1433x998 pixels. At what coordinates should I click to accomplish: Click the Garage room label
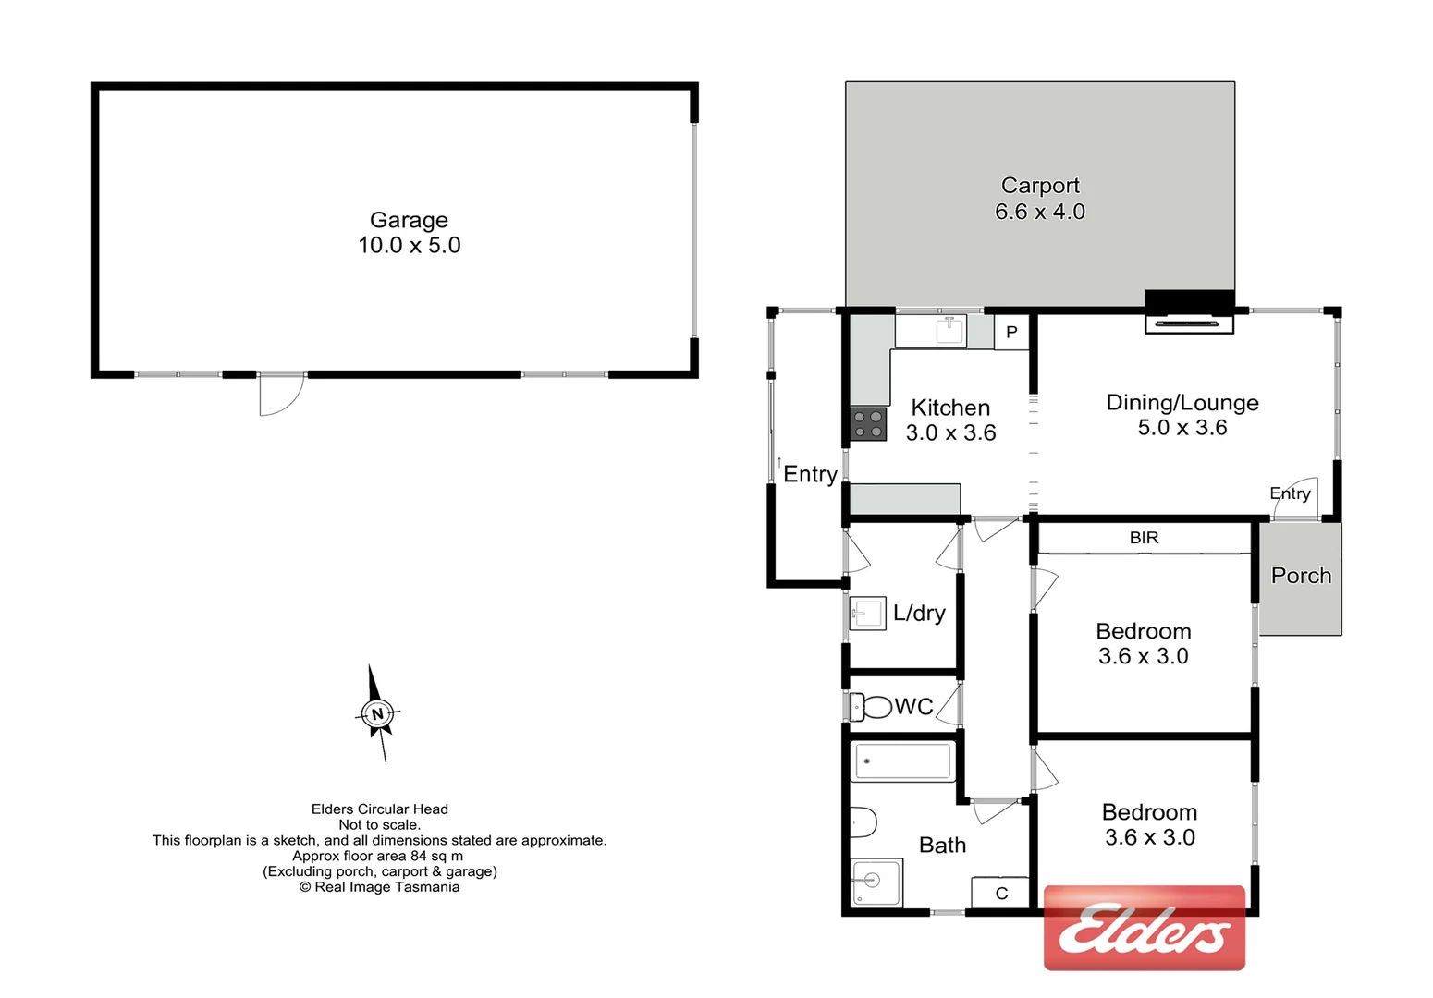pos(409,220)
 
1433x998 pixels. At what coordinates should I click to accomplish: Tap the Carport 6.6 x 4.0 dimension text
pos(1040,212)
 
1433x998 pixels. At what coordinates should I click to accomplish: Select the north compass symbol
pos(377,713)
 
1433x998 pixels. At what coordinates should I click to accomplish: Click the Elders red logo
pos(1145,928)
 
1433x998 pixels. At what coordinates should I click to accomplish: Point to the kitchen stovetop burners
pos(868,424)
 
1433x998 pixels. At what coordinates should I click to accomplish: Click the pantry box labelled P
pos(1011,332)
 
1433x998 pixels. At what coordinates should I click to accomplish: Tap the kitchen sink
pos(949,330)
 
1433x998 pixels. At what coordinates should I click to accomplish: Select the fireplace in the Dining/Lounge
pos(1189,322)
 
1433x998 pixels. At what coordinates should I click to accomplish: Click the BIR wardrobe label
pos(1144,538)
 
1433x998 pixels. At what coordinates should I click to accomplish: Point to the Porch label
pos(1301,576)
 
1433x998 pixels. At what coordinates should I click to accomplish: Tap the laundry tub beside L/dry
pos(867,614)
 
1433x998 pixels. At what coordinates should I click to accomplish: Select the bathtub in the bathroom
pos(902,761)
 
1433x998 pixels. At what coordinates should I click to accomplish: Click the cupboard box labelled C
pos(1001,894)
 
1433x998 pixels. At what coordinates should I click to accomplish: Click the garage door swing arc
pos(283,396)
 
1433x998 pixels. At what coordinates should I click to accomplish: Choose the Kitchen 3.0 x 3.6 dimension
pos(950,432)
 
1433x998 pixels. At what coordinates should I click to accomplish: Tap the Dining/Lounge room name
pos(1182,403)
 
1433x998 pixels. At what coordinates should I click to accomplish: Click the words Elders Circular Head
pos(379,809)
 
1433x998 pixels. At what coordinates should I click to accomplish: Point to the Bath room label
pos(942,846)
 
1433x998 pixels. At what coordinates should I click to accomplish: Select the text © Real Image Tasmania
pos(379,887)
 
